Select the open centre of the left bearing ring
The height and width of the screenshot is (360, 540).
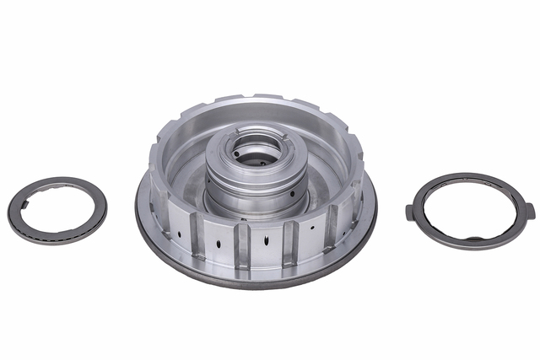[57, 210]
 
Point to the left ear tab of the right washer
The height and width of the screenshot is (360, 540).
[411, 212]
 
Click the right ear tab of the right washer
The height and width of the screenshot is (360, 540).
[529, 208]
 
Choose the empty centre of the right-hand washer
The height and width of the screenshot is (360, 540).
[469, 210]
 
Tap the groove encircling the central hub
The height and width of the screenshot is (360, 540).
[253, 186]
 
